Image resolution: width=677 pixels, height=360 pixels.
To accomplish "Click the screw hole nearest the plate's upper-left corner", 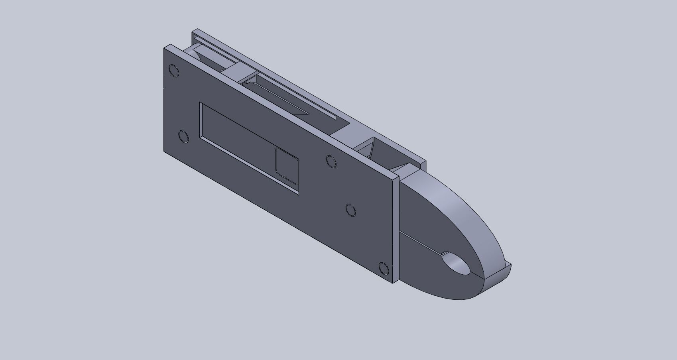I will pos(174,71).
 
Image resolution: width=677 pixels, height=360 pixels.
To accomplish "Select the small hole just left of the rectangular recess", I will pos(184,137).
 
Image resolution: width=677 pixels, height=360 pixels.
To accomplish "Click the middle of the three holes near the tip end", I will pos(351,210).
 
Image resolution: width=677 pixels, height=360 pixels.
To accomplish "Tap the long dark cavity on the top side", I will pos(287,100).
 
